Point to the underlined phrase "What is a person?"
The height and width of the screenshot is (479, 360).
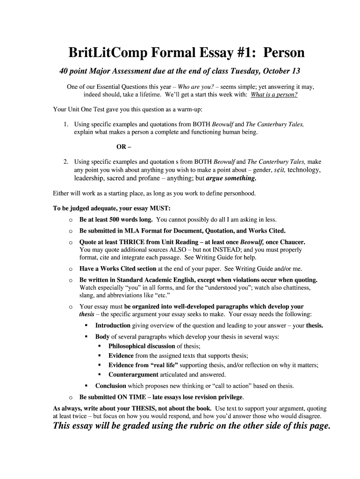tap(274, 94)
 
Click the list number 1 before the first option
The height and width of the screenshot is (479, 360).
tap(66, 124)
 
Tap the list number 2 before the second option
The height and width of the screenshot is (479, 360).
tap(66, 162)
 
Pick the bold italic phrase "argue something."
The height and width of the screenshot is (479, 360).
tap(231, 178)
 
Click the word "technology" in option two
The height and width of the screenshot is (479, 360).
tap(304, 170)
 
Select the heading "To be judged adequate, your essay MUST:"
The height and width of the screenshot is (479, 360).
tap(112, 209)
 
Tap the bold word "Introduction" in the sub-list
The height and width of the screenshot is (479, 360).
tap(113, 326)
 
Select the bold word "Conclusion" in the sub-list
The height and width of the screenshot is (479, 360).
tap(111, 386)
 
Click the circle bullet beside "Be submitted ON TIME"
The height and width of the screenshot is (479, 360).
tap(70, 397)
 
